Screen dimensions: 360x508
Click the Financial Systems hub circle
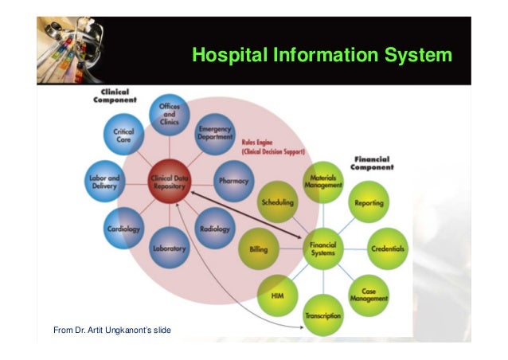coord(323,249)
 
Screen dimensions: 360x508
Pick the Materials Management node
coord(323,183)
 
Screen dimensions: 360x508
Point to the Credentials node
coord(388,249)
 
